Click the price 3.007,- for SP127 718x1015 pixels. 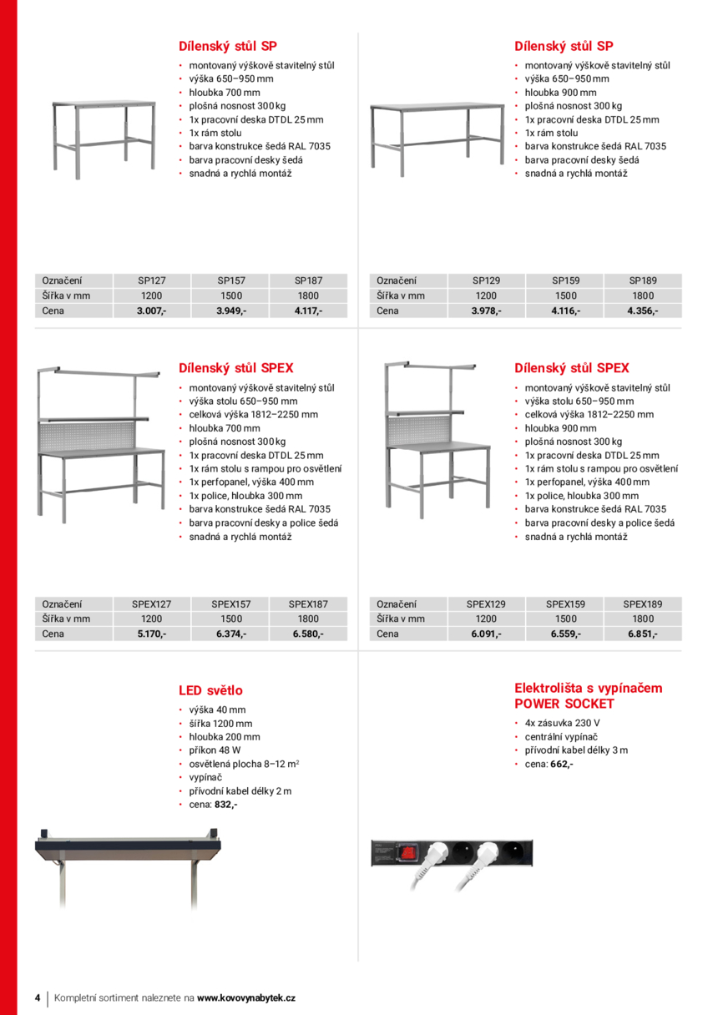coord(152,311)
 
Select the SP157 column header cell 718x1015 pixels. coord(231,281)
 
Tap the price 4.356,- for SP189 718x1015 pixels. coord(643,311)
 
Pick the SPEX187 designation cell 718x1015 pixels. coord(308,603)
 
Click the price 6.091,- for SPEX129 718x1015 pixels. coord(486,634)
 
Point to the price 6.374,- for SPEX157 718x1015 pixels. coord(231,634)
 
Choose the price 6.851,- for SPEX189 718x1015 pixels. coord(643,634)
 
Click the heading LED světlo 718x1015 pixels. coord(210,690)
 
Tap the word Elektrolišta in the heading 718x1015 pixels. coord(552,688)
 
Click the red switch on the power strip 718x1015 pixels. coord(409,852)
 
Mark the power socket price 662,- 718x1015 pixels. coord(561,763)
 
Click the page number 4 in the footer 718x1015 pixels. coord(38,997)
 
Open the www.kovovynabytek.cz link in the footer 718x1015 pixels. coord(246,997)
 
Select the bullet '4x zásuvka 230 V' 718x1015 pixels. coord(562,723)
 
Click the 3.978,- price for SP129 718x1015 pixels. coord(486,311)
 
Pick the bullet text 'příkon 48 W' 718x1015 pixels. coord(215,750)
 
